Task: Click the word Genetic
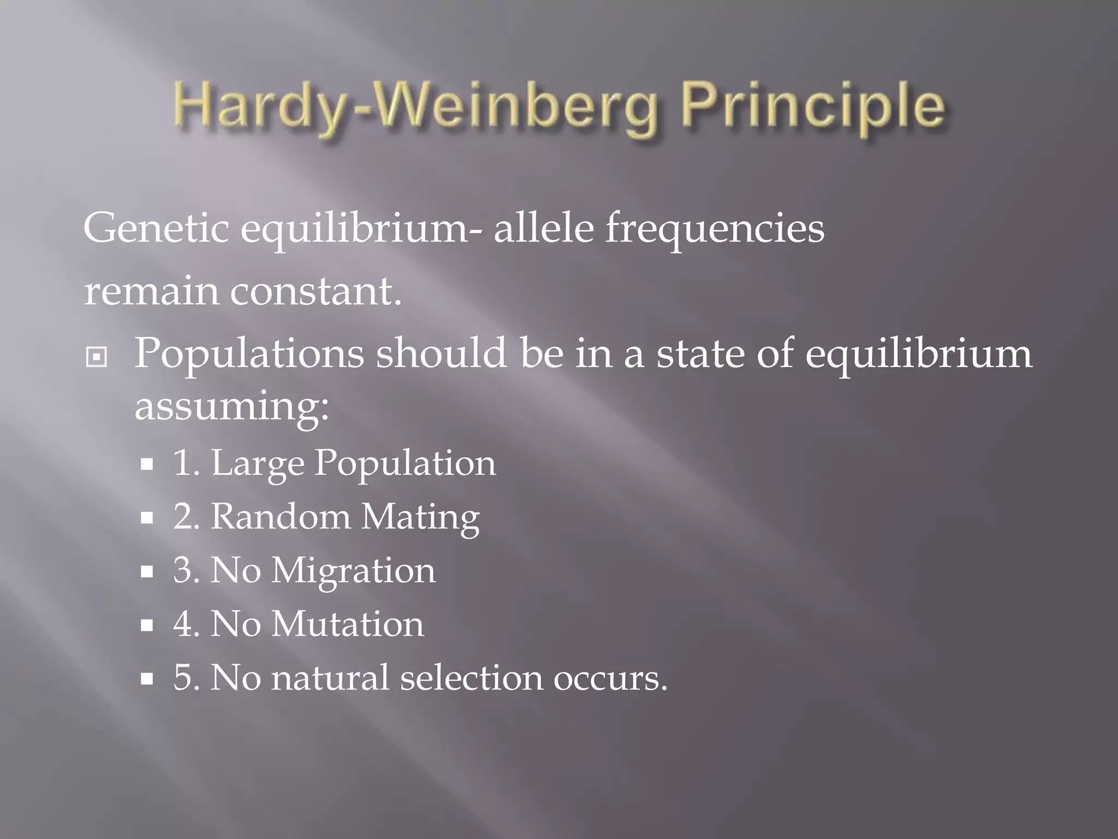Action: coord(156,228)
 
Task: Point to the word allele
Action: coord(543,228)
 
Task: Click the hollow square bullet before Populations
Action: coord(97,357)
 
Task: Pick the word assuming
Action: coord(231,407)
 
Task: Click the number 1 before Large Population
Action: coord(182,464)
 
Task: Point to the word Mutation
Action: coord(348,624)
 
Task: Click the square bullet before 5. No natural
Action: coord(146,679)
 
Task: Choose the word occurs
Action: coord(610,679)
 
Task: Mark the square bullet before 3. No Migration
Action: coord(146,572)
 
